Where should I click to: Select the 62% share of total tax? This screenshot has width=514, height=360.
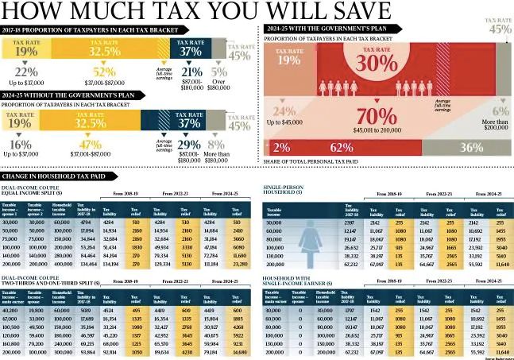342,147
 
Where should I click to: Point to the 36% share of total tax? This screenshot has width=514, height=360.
471,147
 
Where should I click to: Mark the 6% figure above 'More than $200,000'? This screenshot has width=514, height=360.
500,111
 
